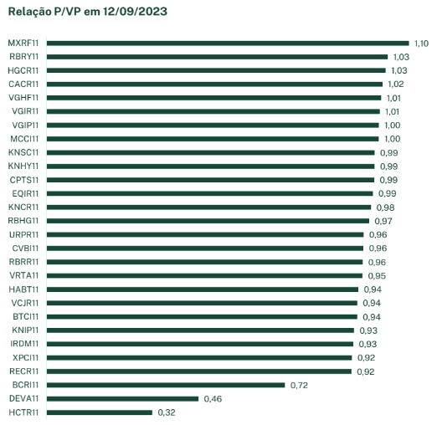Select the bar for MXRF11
[x=228, y=43]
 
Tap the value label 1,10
[x=421, y=43]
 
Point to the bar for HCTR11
[x=100, y=412]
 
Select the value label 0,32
[x=166, y=412]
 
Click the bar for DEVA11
[x=123, y=399]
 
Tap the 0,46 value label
[x=213, y=399]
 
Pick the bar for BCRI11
[x=166, y=385]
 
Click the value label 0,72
[x=299, y=385]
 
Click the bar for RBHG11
[x=208, y=221]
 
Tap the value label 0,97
[x=382, y=221]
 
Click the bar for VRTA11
[x=204, y=275]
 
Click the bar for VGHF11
[x=214, y=97]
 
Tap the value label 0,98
[x=384, y=207]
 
